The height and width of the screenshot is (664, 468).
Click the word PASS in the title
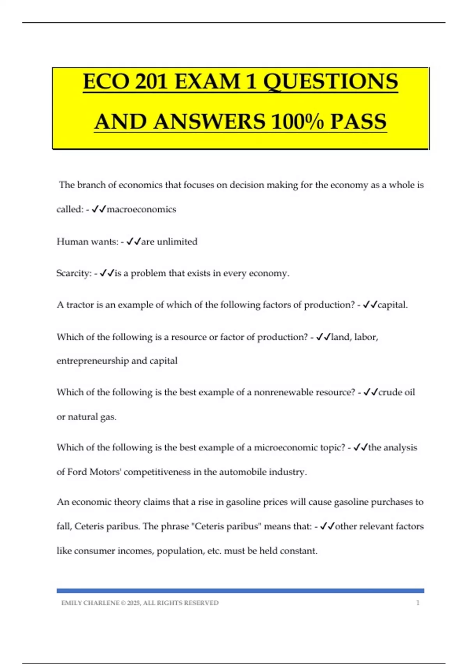click(358, 121)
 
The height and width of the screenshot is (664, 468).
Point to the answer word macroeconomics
click(141, 209)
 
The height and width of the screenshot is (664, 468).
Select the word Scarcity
click(74, 273)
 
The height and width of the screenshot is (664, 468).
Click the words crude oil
click(397, 392)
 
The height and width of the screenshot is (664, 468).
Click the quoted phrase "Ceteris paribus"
click(226, 527)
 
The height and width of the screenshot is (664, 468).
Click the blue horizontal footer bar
click(240, 591)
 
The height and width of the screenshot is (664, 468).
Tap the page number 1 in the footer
click(418, 603)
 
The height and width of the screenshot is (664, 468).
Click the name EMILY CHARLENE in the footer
click(90, 603)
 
